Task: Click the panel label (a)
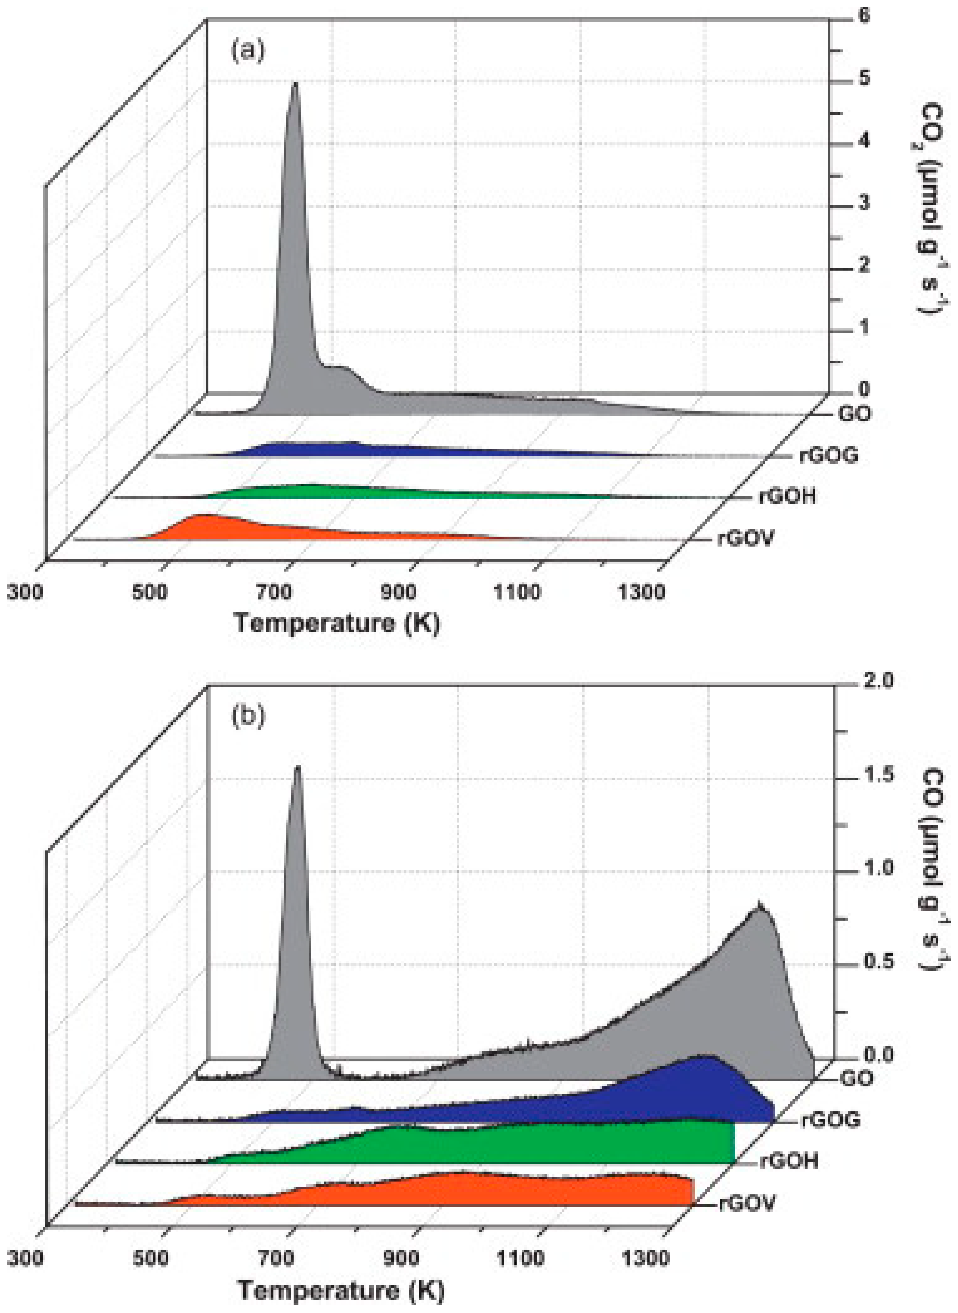(x=248, y=51)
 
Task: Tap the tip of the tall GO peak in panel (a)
(x=296, y=84)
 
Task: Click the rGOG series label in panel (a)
(x=829, y=455)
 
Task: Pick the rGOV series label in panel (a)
(x=745, y=539)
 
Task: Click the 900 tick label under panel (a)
(x=399, y=592)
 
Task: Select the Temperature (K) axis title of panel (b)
(x=341, y=1290)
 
